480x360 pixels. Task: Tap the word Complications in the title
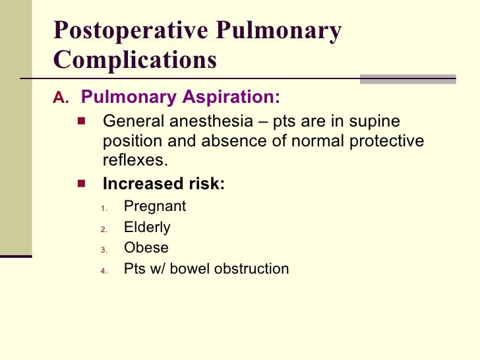click(x=135, y=60)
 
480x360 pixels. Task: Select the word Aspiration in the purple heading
click(x=229, y=98)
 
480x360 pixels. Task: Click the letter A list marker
click(x=60, y=98)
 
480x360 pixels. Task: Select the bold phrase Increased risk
click(x=164, y=185)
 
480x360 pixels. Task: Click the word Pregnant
click(x=155, y=206)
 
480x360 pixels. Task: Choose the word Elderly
click(x=147, y=227)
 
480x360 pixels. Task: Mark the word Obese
click(x=146, y=248)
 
